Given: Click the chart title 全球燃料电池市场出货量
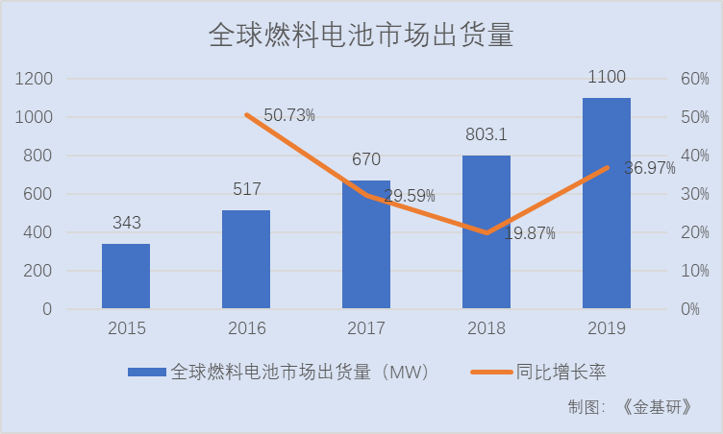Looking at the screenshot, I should pos(361,36).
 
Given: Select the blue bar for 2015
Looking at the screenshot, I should pos(126,277).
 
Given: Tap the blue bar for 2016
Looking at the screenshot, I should pos(246,259).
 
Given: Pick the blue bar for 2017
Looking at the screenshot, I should pos(366,245).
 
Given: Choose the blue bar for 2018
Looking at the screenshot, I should pos(486,232).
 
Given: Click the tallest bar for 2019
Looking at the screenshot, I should pos(606,204).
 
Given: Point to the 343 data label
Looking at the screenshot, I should pos(126,223).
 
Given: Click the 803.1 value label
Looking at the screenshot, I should pos(486,135).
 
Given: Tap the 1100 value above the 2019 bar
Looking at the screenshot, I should pos(606,78).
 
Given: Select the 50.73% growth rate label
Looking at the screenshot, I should pos(289,115).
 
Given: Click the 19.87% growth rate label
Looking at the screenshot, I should pos(529,234).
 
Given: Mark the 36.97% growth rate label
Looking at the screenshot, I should pos(649,168).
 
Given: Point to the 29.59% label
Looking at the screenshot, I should pos(410,196).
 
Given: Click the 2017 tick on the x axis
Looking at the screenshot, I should pos(366,328).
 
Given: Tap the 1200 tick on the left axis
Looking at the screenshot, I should pos(35,79).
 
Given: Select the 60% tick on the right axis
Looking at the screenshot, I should pos(695,79).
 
